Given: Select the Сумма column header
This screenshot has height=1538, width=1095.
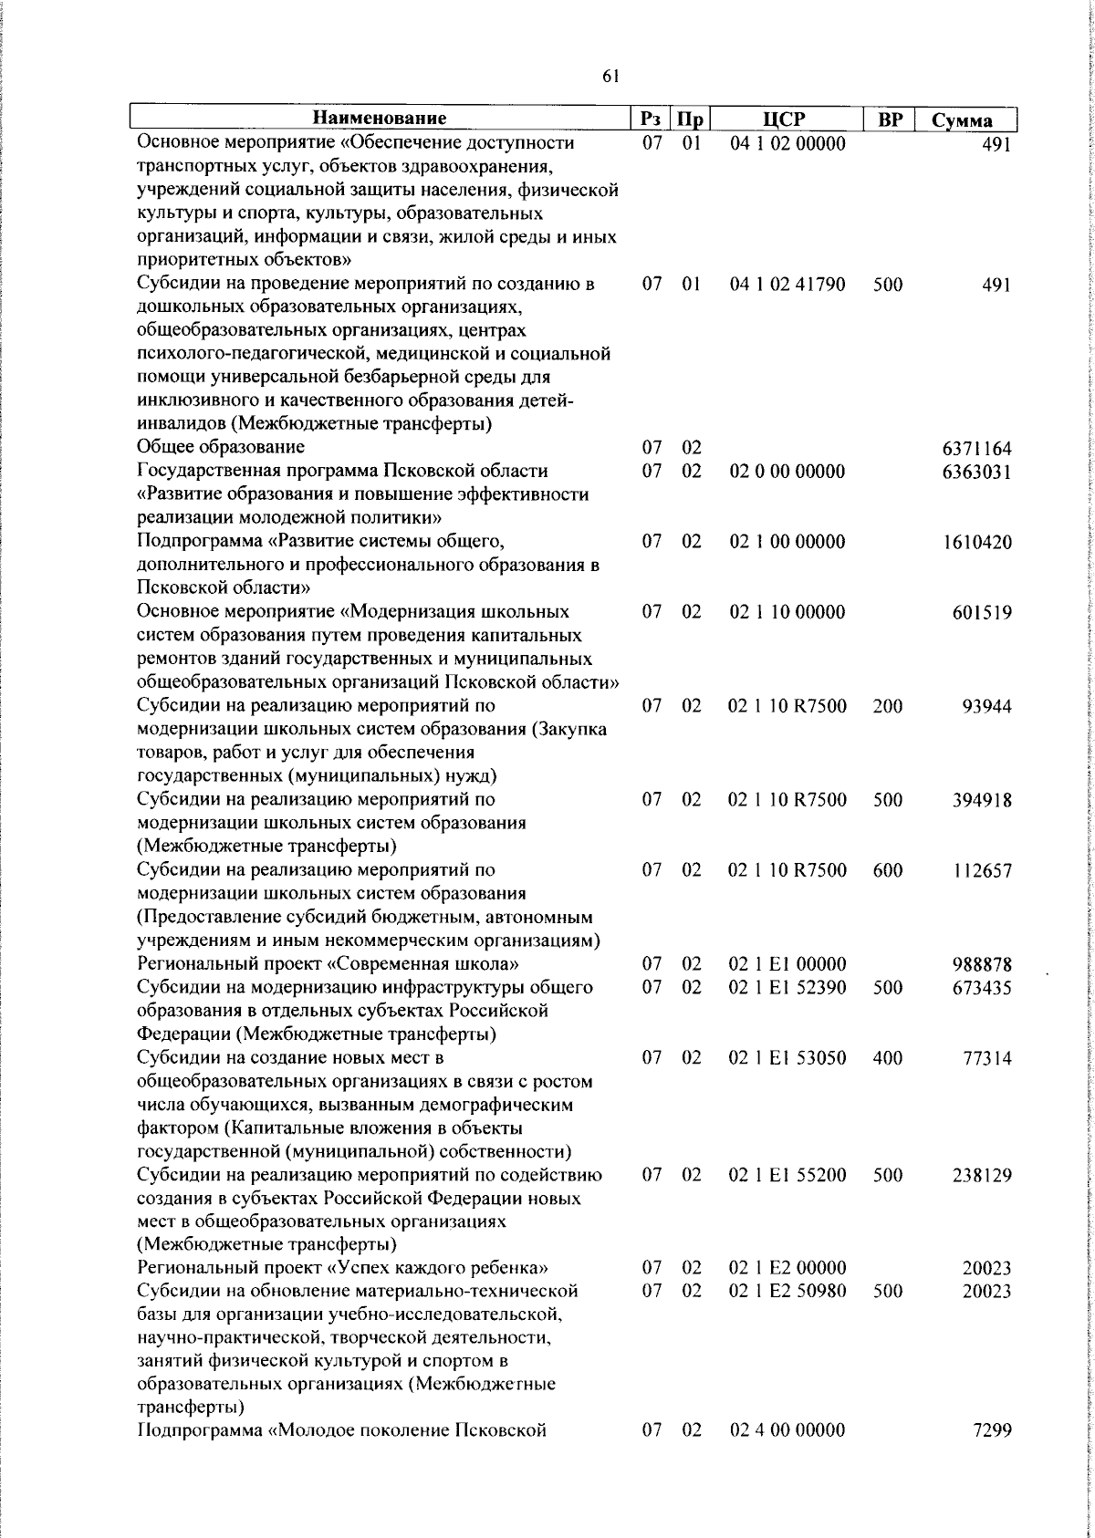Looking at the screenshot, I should click(x=962, y=120).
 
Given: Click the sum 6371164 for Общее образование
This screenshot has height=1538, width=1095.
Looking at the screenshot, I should click(x=976, y=449).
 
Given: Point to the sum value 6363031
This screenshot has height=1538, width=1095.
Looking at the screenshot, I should click(x=976, y=473).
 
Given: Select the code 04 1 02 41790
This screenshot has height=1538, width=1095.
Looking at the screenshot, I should click(x=787, y=285).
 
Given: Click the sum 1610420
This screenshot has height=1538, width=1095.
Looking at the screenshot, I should click(x=976, y=543).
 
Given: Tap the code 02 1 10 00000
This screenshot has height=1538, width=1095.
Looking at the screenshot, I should click(x=787, y=612).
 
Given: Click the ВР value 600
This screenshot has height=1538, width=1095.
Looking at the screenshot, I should click(x=888, y=870).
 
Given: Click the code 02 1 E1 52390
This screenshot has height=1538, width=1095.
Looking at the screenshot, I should click(x=787, y=988).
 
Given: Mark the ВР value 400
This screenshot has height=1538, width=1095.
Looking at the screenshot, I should click(x=888, y=1058).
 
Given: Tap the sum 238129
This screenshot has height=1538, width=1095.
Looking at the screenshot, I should click(x=980, y=1176).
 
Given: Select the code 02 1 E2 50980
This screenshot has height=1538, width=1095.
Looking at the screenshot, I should click(x=787, y=1291).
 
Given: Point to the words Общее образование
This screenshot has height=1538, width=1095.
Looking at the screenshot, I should click(x=221, y=447).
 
